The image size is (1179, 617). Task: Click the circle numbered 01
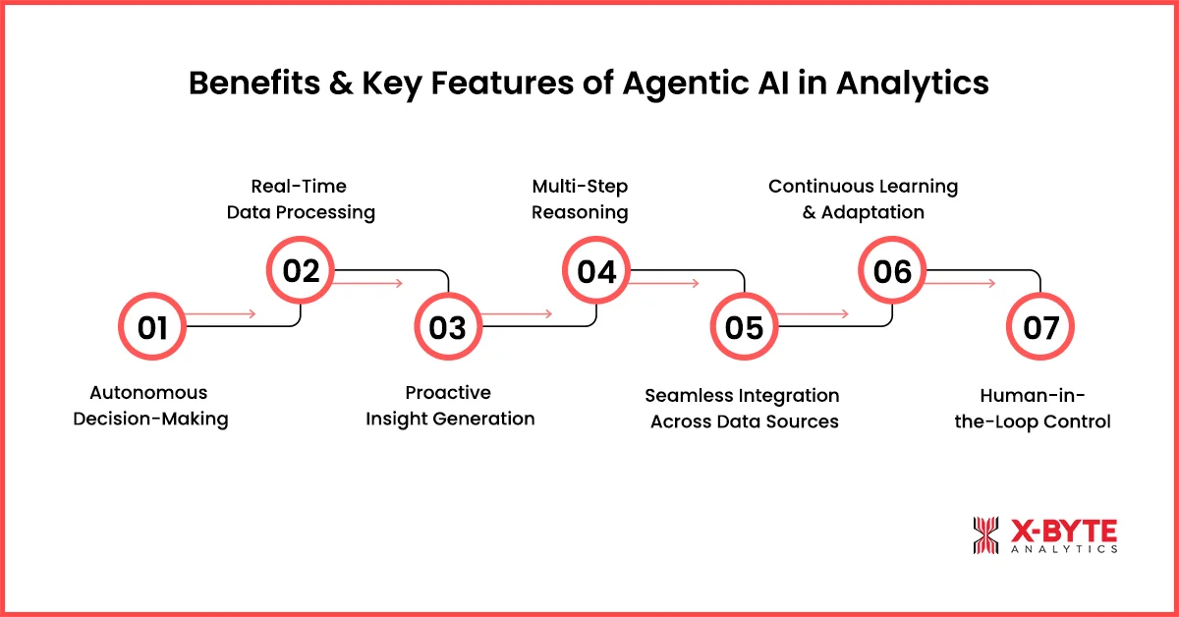click(151, 327)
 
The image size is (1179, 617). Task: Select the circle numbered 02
click(301, 270)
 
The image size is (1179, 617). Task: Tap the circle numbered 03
click(447, 327)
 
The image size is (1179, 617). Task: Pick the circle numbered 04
click(595, 270)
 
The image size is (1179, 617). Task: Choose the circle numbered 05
click(744, 327)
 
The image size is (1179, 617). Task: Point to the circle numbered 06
click(892, 270)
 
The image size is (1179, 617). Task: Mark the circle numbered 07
click(1040, 327)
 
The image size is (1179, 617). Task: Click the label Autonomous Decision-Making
click(150, 406)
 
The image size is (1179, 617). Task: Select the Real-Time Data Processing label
click(300, 198)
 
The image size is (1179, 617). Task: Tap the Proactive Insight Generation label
click(450, 406)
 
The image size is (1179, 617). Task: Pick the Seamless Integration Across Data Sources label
click(743, 409)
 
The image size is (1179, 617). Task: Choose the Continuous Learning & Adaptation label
click(863, 198)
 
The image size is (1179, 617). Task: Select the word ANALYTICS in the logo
click(1063, 549)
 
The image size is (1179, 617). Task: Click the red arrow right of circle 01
click(221, 314)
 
